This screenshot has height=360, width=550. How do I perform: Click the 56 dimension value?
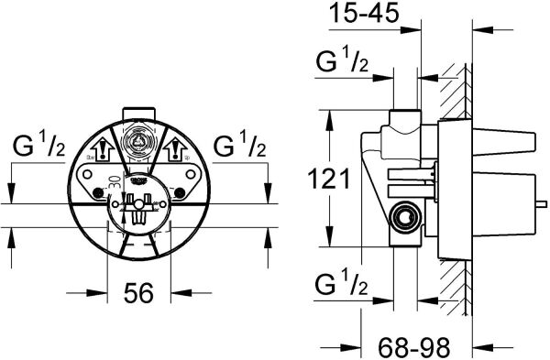(137, 295)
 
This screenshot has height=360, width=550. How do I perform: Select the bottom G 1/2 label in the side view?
(343, 283)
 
